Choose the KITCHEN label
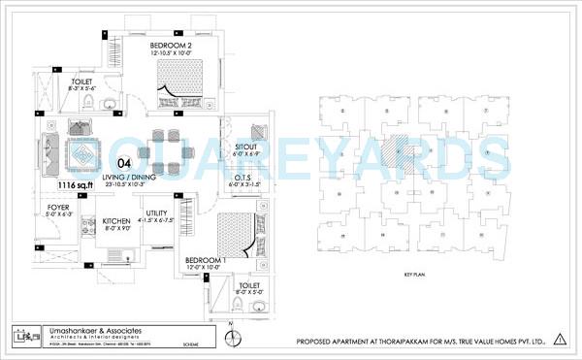(117, 221)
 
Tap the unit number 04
(124, 163)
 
